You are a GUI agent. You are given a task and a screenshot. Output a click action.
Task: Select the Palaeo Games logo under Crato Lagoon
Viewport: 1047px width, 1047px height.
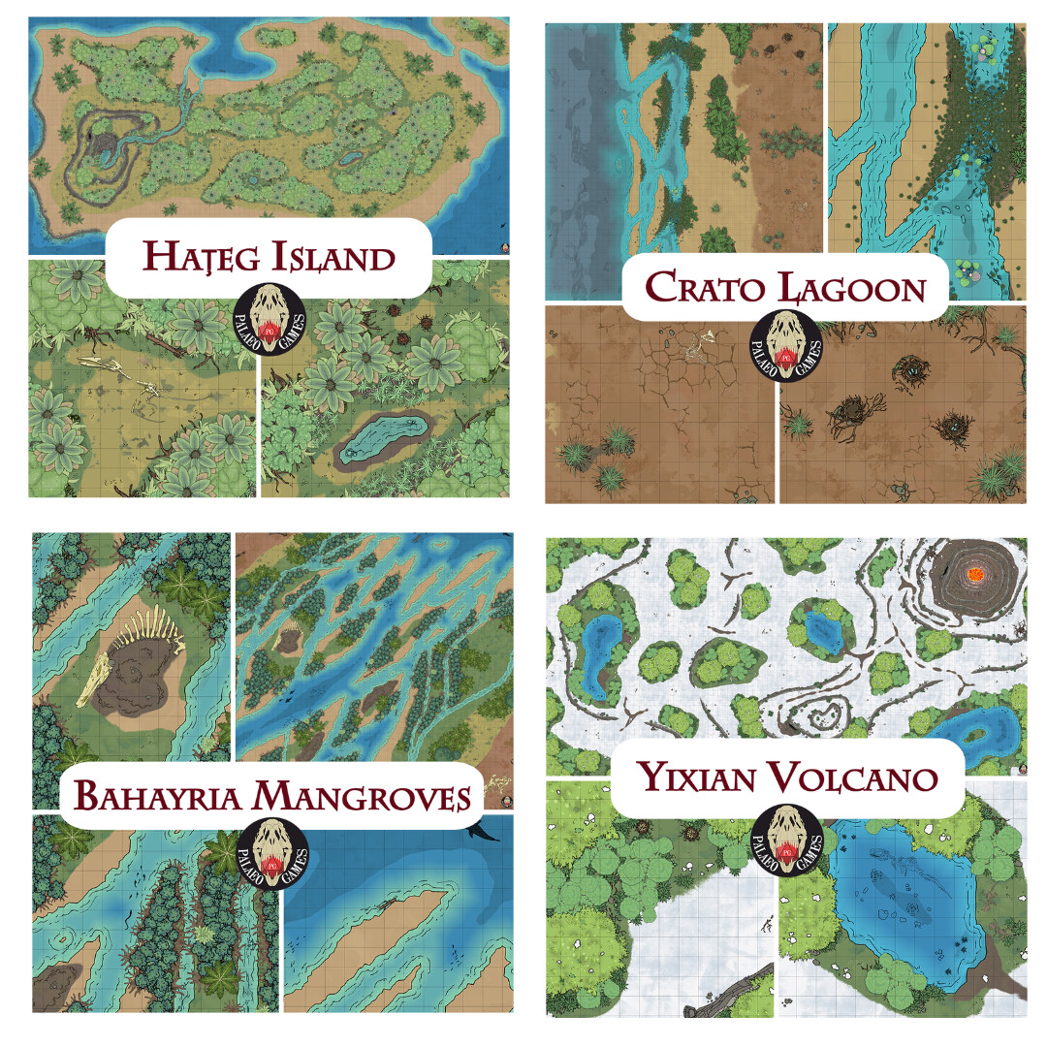coord(785,345)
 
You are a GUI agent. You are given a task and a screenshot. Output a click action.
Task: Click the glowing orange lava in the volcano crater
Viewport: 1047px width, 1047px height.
coord(973,575)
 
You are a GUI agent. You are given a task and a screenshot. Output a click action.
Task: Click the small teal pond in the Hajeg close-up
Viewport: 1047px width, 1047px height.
coord(386,437)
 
